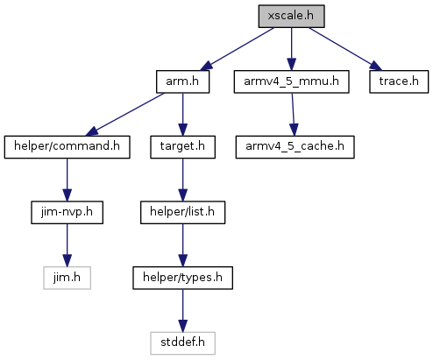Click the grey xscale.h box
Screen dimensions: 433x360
click(291, 17)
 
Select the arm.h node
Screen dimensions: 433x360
click(182, 81)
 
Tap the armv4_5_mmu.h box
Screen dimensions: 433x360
click(291, 81)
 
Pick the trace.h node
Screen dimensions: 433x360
click(399, 81)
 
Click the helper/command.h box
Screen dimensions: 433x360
click(67, 147)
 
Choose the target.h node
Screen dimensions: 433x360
click(182, 147)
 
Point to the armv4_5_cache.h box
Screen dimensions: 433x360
click(295, 147)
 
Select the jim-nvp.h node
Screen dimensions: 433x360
click(67, 213)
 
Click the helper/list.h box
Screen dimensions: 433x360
click(182, 213)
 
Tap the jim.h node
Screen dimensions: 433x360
click(67, 278)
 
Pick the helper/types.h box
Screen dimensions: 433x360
click(182, 278)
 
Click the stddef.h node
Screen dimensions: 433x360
click(182, 343)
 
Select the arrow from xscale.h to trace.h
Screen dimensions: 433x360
click(345, 49)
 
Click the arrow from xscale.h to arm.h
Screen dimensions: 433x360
click(237, 49)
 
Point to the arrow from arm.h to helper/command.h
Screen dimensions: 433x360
click(124, 115)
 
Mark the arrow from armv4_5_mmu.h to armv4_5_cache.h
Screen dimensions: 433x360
click(293, 115)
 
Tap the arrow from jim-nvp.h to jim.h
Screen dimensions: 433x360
click(67, 245)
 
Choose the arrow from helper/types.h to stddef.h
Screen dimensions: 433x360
click(182, 311)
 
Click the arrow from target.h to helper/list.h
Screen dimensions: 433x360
click(182, 180)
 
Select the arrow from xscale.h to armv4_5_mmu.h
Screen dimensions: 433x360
click(291, 49)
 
